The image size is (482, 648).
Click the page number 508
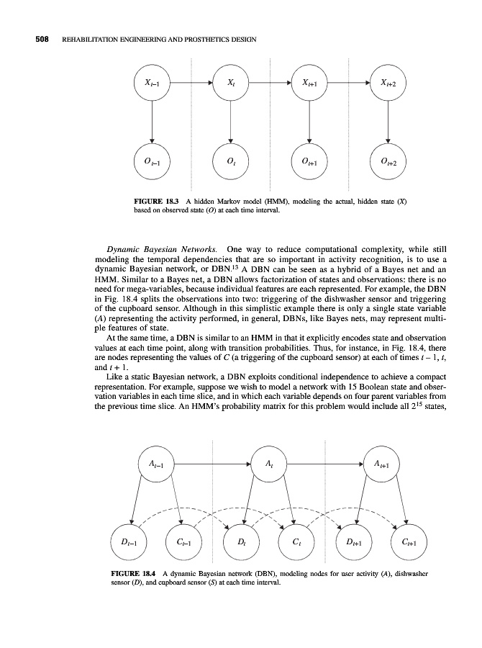[x=27, y=38]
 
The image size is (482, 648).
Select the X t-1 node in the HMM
[x=152, y=84]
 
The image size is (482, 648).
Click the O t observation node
[x=230, y=161]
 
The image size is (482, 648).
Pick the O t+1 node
[x=309, y=161]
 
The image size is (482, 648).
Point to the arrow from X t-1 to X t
[x=191, y=84]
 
